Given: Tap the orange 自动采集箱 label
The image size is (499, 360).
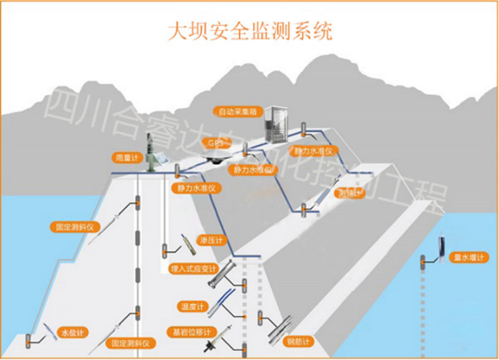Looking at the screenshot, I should click(233, 112).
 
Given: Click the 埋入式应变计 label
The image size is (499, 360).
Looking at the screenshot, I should click(193, 270).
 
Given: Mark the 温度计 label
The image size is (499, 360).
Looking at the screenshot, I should click(193, 306).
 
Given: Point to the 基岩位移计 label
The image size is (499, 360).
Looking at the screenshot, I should click(192, 331).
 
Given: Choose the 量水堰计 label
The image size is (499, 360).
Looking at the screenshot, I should click(469, 256).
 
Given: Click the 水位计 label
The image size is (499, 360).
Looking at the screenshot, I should click(72, 331).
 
